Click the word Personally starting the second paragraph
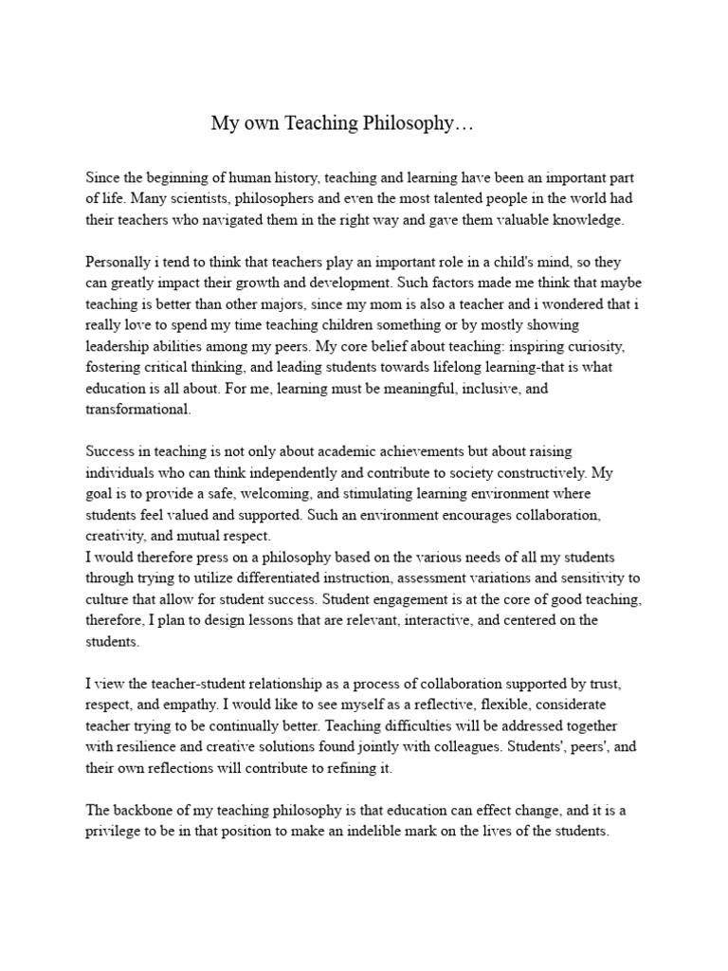121,261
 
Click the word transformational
138,409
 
